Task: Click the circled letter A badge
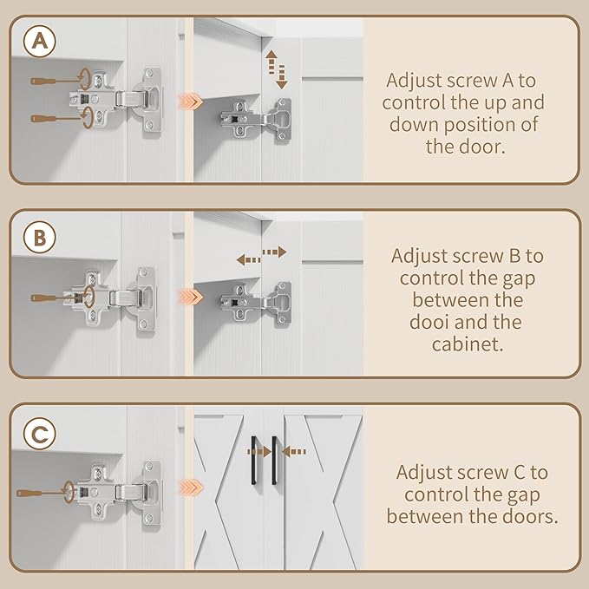39,41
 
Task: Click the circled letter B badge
39,238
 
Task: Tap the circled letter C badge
39,434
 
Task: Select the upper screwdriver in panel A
56,81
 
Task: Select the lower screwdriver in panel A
56,119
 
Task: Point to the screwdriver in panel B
58,298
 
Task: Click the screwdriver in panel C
42,493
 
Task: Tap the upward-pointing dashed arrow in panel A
271,62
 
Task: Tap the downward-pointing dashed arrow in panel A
281,77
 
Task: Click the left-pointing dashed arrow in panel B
248,259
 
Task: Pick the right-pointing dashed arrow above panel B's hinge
275,252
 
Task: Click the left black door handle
254,460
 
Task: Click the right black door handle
274,460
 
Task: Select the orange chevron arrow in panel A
191,101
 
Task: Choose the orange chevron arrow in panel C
191,488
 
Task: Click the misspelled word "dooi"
428,322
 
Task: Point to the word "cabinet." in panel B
468,344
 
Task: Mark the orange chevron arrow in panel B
191,298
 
